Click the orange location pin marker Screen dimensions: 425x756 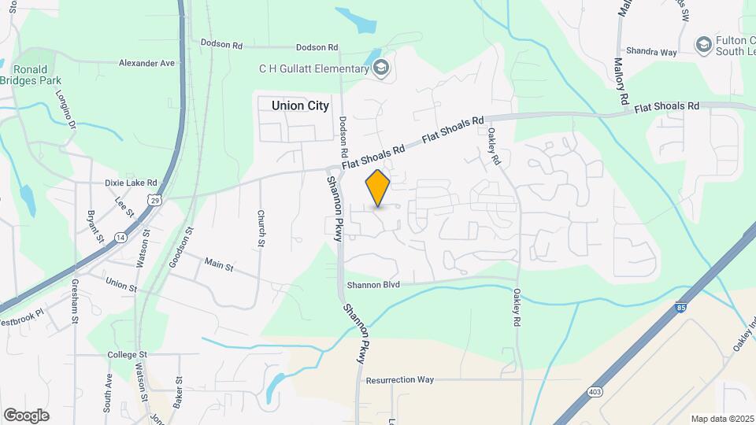point(378,188)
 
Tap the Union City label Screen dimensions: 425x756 point(300,105)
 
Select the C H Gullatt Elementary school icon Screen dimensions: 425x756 point(382,68)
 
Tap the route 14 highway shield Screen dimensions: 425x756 point(119,236)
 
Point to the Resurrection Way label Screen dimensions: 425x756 point(400,379)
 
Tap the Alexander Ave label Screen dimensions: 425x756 point(146,63)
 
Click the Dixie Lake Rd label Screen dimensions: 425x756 point(131,183)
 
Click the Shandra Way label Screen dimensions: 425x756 point(653,52)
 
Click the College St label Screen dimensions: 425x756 point(123,355)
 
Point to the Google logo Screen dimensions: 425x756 point(26,415)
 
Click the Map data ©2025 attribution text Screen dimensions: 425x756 point(721,419)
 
